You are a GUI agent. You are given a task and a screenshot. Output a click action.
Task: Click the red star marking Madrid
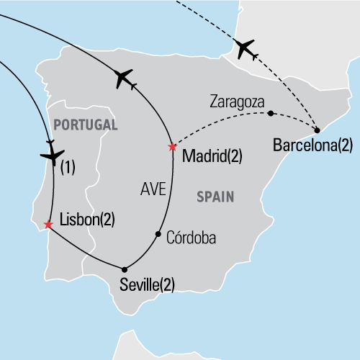(171, 147)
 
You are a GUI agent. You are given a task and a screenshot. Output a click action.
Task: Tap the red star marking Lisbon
(48, 225)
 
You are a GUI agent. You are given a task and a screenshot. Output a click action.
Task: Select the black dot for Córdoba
(158, 234)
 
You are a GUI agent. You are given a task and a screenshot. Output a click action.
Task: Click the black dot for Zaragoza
(270, 113)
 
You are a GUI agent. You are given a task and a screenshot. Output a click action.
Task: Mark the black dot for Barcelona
(318, 130)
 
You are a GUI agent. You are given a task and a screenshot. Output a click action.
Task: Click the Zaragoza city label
(238, 102)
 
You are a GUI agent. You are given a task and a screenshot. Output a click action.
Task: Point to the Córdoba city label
(191, 237)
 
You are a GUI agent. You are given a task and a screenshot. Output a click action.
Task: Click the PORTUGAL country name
(85, 125)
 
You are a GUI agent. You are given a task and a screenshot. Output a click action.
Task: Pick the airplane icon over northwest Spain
(125, 78)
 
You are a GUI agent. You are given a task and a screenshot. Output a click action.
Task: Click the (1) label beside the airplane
(68, 169)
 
